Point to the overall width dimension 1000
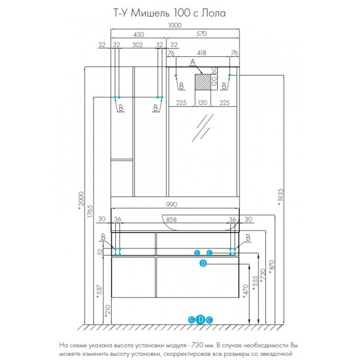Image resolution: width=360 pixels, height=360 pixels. [175, 25]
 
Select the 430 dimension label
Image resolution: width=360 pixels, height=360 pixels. [138, 35]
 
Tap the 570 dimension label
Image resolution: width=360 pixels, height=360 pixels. [203, 35]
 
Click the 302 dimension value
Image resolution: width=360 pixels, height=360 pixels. [138, 44]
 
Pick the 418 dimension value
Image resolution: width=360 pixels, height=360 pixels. [203, 53]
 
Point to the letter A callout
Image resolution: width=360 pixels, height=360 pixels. [193, 62]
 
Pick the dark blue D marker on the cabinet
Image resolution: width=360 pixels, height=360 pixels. [202, 263]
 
